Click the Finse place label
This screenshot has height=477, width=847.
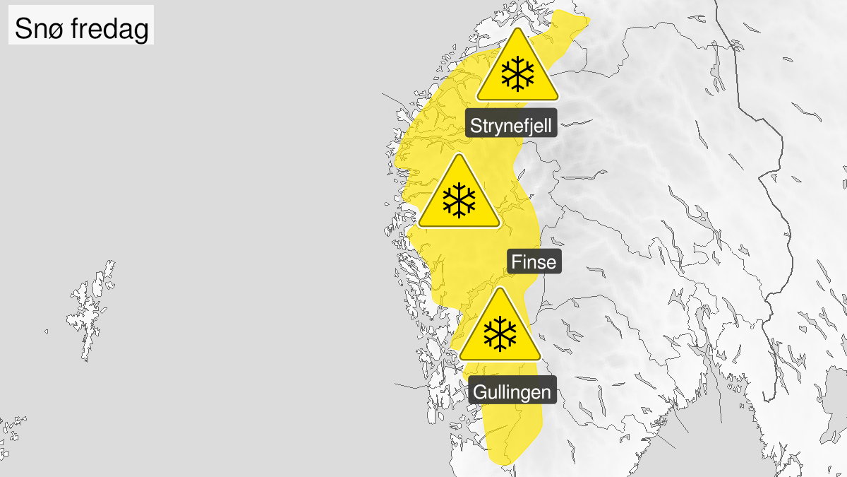click(533, 262)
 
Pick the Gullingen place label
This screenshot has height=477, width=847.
click(512, 391)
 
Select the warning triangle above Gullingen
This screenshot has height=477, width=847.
click(500, 329)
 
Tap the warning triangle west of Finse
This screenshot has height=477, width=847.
click(459, 195)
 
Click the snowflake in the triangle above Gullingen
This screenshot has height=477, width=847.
click(500, 334)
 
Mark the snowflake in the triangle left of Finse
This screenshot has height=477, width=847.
click(459, 200)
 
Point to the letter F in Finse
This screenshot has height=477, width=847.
click(515, 262)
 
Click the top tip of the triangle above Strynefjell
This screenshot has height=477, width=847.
click(517, 30)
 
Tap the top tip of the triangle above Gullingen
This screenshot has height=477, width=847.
click(500, 289)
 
